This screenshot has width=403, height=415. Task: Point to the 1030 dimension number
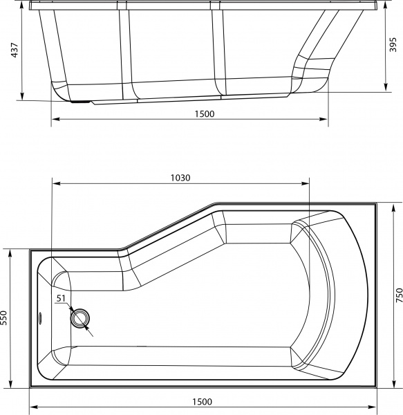pos(180,178)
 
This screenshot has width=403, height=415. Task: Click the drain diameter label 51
pos(61,299)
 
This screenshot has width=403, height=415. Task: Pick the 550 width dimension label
pos(5,317)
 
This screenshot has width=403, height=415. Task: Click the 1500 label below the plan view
pos(201,402)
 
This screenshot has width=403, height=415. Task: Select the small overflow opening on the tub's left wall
pos(40,319)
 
